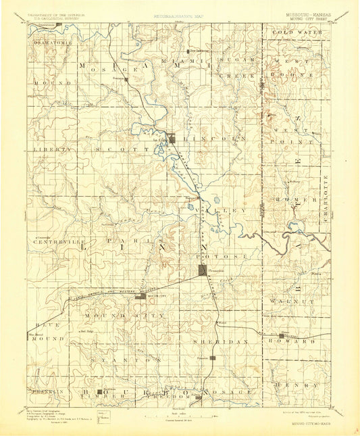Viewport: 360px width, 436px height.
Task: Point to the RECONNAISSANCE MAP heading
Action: pos(180,14)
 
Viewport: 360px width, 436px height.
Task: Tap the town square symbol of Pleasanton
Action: pos(203,270)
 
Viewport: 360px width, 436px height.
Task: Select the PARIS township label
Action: pos(142,241)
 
